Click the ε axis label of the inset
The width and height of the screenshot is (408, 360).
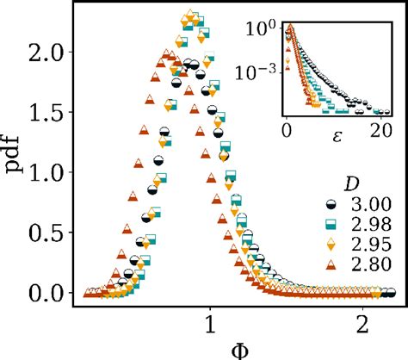[x=334, y=133]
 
